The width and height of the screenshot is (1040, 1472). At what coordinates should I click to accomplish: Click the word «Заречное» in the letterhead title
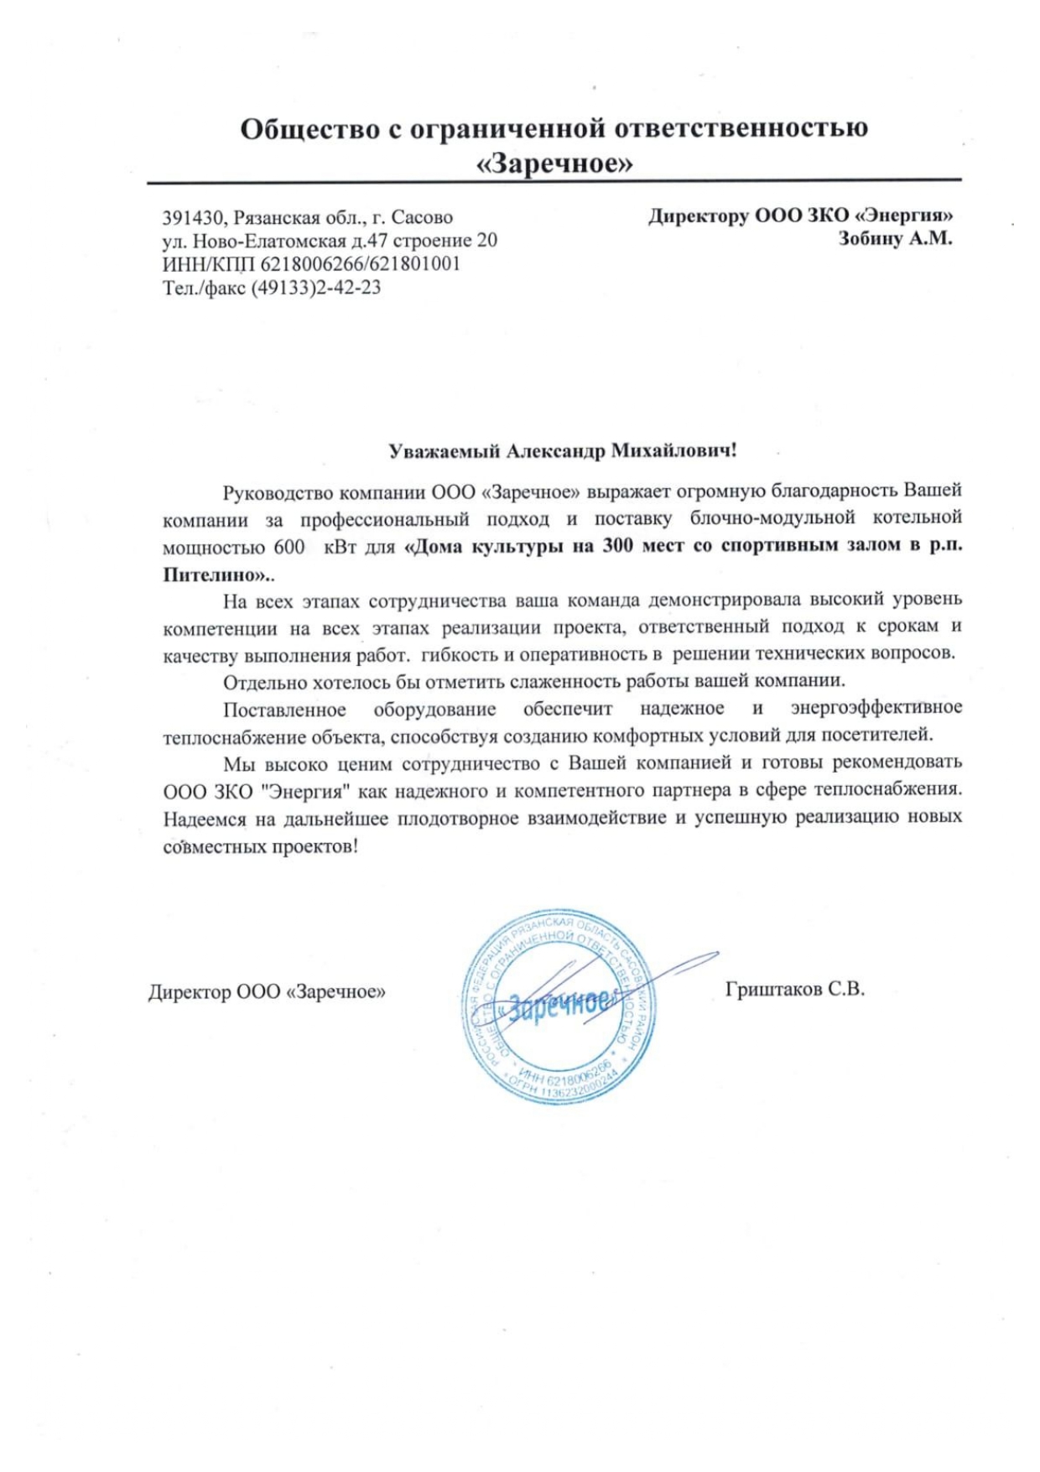554,163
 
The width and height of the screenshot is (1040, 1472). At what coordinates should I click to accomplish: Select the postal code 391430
193,218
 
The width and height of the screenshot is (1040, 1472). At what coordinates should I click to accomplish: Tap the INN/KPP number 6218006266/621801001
361,264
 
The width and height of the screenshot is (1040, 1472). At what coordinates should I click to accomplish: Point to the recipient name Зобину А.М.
895,239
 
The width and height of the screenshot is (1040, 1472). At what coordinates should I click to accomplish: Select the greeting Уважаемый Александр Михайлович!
562,451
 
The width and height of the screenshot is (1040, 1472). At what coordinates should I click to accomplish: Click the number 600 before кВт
289,548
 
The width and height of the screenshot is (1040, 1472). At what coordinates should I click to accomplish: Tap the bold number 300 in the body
616,546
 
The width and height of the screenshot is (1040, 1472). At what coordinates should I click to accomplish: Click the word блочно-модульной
772,518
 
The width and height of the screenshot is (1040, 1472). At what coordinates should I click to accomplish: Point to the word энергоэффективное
876,709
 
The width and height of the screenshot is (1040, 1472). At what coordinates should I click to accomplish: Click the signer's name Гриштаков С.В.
794,990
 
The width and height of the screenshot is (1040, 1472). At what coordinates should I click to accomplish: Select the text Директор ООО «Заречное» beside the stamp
267,992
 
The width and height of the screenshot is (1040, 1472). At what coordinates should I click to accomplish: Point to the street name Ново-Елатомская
269,241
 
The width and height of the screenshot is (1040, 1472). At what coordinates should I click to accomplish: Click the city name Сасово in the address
422,218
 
